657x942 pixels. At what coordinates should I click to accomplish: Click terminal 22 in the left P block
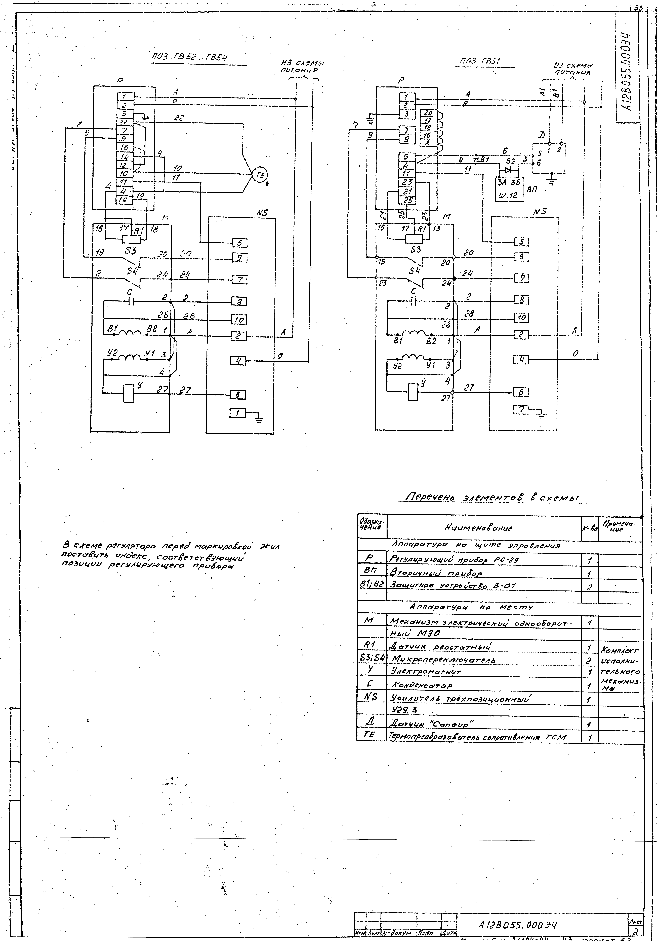124,122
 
